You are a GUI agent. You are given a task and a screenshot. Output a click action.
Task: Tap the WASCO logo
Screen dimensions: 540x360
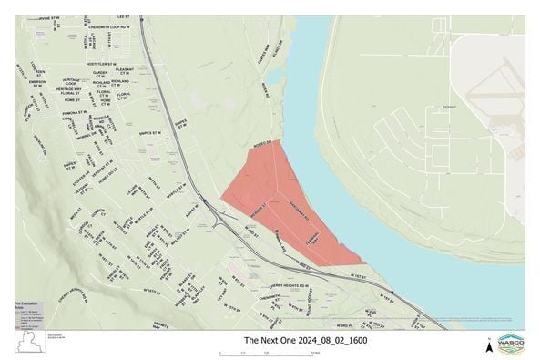(x=511, y=343)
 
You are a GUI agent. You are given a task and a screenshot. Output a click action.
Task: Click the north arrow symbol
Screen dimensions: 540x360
(x=488, y=343)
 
